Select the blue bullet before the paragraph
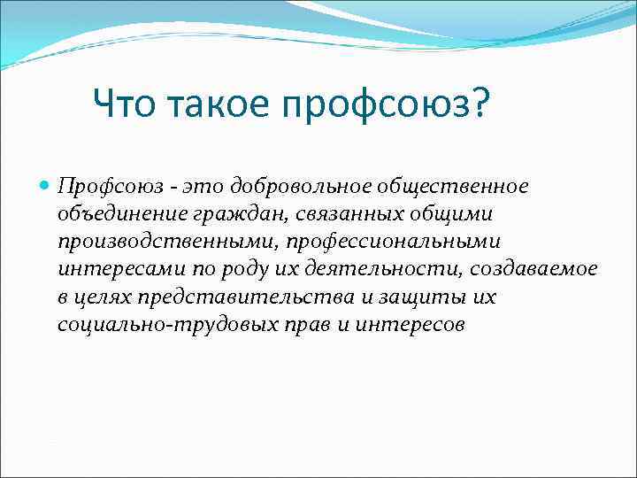pos(45,187)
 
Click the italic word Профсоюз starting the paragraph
pos(98,187)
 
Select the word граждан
pos(212,214)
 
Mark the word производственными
pos(145,242)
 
